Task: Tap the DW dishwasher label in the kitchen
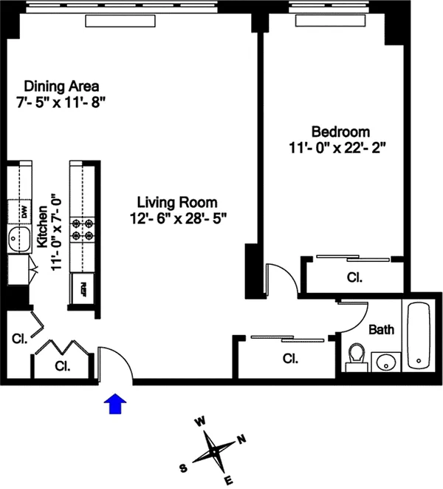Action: click(24, 212)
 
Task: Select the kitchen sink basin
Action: click(19, 239)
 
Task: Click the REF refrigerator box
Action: click(83, 289)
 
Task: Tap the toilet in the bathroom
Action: click(357, 357)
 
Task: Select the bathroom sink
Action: click(386, 362)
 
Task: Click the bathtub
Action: click(419, 335)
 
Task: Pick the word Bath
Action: click(382, 329)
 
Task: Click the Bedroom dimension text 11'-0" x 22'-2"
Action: click(337, 148)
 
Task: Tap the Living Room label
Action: click(177, 203)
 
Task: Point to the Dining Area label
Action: click(61, 86)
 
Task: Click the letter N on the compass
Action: click(242, 439)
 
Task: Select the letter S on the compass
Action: click(183, 468)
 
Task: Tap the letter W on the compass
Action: click(200, 422)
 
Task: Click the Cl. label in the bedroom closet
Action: click(354, 277)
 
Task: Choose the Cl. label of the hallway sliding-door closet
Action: click(290, 359)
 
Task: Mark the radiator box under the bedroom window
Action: click(330, 21)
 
